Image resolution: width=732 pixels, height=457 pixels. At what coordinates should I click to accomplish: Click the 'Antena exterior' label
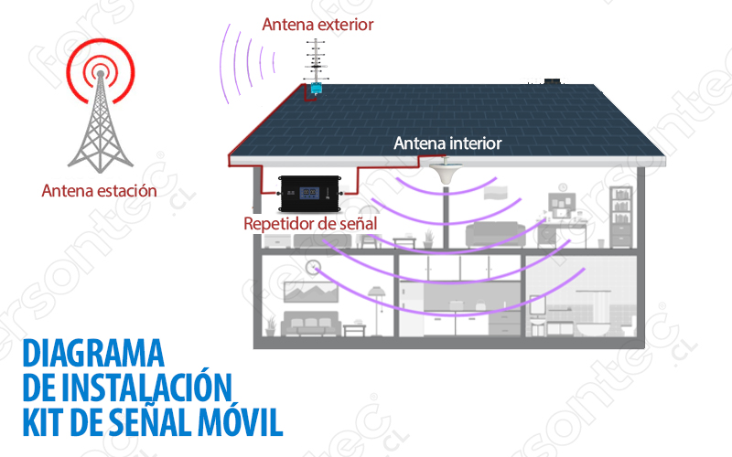tap(318, 25)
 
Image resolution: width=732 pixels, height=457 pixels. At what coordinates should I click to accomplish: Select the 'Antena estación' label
tap(99, 191)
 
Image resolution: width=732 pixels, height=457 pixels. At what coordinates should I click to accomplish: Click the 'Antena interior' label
tap(447, 143)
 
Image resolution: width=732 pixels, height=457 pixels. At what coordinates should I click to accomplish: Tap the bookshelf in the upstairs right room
tap(620, 212)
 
